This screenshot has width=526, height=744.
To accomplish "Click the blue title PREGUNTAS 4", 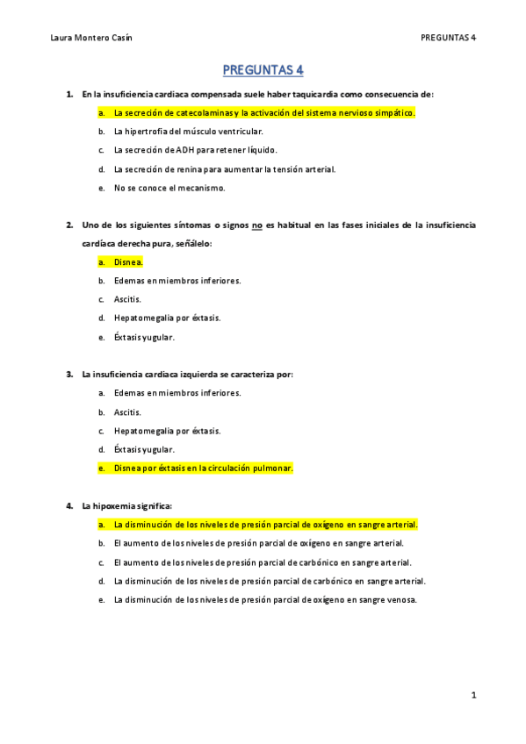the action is [263, 69].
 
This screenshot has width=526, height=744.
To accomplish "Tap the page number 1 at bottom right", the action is [473, 696].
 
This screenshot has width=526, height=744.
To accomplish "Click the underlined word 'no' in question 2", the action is [257, 225].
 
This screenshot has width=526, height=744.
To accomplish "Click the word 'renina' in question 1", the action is [191, 168].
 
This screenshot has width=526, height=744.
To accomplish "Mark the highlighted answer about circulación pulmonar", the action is [203, 468].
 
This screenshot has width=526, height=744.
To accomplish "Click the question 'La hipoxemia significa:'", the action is [126, 505].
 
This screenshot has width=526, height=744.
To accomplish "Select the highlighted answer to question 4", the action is [265, 525].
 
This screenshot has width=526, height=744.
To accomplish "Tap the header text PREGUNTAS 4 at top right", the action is [448, 38].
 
